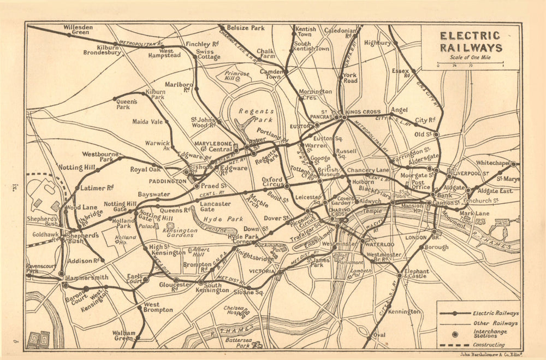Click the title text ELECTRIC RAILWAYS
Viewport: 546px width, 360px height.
click(x=471, y=42)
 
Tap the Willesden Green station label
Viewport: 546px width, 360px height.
click(x=78, y=29)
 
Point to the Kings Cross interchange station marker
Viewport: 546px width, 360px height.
click(x=345, y=117)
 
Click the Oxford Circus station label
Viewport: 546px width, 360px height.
click(x=272, y=182)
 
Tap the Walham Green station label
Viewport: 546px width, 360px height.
click(x=123, y=335)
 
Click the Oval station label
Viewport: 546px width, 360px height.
click(x=379, y=334)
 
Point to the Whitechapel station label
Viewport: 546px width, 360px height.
click(x=492, y=163)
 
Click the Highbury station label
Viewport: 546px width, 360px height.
click(x=377, y=43)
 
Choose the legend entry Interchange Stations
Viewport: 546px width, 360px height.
click(x=490, y=334)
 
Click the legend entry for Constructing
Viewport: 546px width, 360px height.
click(x=489, y=345)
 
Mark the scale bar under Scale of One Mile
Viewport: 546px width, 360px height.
click(x=470, y=64)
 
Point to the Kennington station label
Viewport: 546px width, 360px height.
click(x=404, y=311)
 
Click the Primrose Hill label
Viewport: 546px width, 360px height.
click(x=236, y=76)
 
